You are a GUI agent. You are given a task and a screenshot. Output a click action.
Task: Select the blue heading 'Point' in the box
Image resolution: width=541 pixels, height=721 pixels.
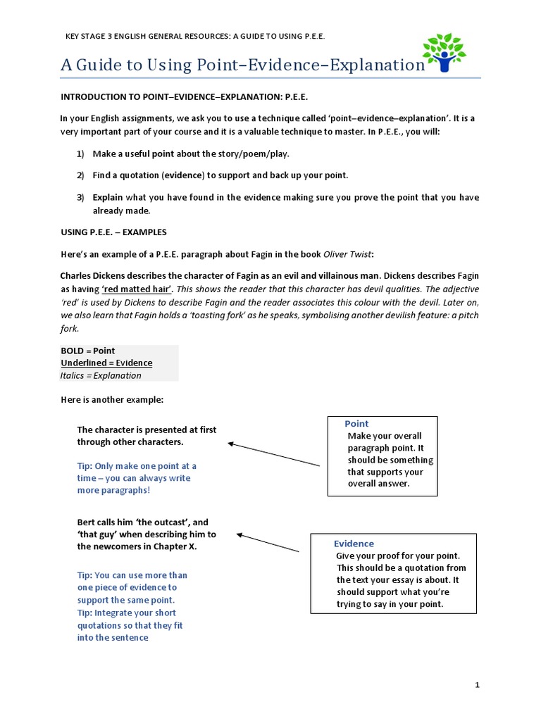(356, 423)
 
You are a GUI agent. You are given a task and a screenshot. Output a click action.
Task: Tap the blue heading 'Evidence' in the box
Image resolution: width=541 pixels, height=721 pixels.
(354, 544)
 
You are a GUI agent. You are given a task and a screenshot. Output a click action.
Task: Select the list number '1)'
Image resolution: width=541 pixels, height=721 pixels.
(80, 153)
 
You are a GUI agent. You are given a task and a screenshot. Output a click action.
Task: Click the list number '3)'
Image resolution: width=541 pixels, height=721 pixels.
(80, 197)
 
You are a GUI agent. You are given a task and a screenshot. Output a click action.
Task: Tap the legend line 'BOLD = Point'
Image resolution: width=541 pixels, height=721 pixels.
(87, 351)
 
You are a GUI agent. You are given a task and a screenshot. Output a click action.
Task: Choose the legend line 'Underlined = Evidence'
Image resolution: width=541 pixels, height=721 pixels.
(106, 363)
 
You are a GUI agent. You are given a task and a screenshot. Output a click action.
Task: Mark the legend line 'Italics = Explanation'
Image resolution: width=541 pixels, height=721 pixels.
(101, 375)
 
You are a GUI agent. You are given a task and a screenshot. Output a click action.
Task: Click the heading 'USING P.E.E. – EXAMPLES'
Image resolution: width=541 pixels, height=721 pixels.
(113, 232)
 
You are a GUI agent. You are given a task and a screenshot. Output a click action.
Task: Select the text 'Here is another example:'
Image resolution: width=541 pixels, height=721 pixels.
(111, 399)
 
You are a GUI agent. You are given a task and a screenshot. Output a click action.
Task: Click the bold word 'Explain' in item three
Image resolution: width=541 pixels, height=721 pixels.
(108, 197)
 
